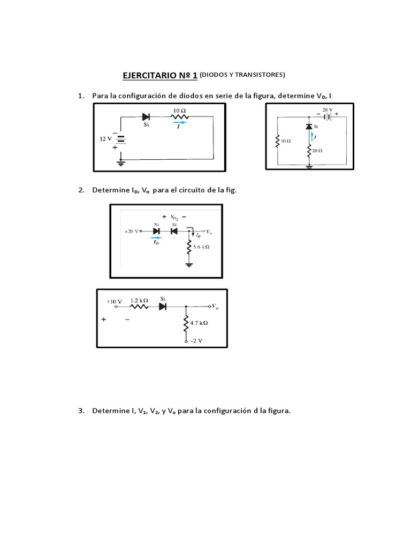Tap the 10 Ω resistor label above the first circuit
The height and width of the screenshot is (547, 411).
(x=179, y=111)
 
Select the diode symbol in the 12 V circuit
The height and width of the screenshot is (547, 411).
(x=146, y=116)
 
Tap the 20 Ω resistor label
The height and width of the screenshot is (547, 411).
(x=317, y=151)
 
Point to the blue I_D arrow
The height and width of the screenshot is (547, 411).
(x=156, y=238)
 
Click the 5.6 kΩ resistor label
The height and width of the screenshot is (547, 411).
(x=201, y=247)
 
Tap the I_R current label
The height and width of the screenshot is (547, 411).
(x=198, y=235)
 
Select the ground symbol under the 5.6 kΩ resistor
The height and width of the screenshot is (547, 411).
(x=188, y=264)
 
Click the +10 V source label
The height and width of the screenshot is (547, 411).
(x=115, y=301)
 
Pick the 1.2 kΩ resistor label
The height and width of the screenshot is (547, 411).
(x=139, y=301)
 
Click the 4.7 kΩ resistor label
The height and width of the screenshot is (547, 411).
(x=199, y=323)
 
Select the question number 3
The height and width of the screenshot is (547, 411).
(x=81, y=411)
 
